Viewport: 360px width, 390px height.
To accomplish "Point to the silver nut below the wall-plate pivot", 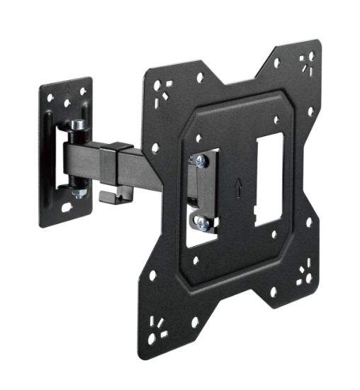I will [79, 192].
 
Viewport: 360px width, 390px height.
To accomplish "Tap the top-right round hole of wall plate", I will [83, 91].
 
